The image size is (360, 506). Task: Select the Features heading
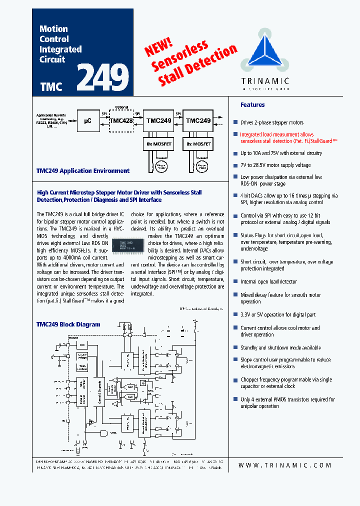[252, 105]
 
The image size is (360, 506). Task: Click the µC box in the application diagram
[87, 121]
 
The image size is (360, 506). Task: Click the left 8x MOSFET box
[158, 144]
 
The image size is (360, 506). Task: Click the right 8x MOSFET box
[198, 144]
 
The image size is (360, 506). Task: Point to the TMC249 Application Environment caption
[83, 171]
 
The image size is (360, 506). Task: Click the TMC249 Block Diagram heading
[68, 324]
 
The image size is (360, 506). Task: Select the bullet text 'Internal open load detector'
[268, 282]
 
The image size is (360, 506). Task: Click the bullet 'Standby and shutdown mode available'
[280, 348]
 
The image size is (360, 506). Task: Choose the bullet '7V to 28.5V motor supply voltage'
[275, 165]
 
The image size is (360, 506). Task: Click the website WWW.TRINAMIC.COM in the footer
[285, 465]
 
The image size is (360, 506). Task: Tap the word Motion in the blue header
[53, 29]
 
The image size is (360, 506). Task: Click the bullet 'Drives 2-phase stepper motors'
[271, 123]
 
